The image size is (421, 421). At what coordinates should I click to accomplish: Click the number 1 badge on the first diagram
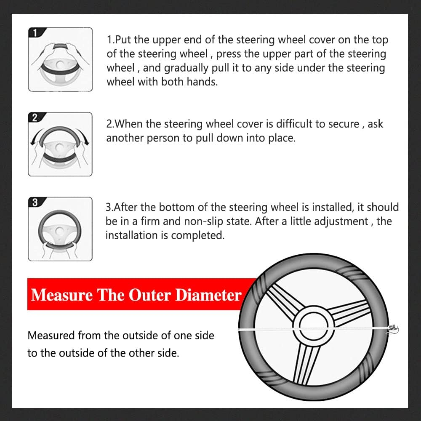(34, 33)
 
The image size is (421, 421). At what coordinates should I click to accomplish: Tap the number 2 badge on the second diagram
(34, 118)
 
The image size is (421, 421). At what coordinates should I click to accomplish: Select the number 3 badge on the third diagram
(34, 203)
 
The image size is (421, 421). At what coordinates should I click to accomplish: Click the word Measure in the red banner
(62, 295)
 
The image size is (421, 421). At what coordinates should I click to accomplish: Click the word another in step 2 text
(124, 138)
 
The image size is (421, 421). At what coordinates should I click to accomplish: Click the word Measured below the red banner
(51, 336)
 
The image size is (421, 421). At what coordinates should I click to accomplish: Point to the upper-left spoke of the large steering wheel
(282, 297)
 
